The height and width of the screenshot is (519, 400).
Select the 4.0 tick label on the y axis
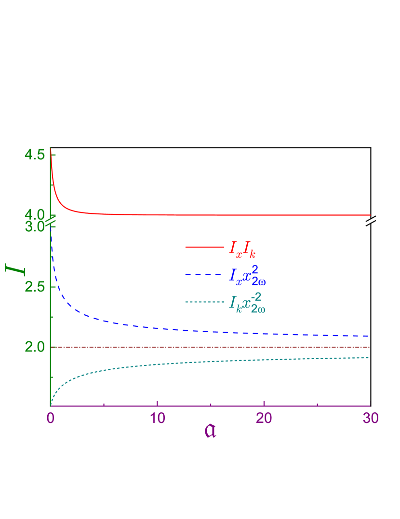click(x=34, y=214)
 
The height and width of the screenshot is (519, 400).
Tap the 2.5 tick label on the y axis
click(x=34, y=287)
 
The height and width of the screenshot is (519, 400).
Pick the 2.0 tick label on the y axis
click(x=34, y=347)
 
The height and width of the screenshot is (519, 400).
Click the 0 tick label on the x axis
click(x=50, y=418)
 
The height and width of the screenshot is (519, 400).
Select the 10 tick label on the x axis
click(x=158, y=418)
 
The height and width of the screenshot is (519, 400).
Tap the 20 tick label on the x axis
click(x=264, y=418)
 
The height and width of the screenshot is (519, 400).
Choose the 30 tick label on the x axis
click(x=370, y=418)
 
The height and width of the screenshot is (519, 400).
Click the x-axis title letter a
click(x=210, y=431)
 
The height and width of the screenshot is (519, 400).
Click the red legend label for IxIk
click(x=242, y=249)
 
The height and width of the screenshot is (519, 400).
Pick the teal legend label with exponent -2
click(x=247, y=302)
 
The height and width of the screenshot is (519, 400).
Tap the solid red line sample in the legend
click(x=204, y=247)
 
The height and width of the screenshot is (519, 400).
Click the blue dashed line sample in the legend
click(x=204, y=274)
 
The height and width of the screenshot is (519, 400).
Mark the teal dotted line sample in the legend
click(x=204, y=302)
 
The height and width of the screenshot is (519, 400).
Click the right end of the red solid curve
click(x=370, y=215)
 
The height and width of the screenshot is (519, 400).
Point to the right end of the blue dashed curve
click(x=370, y=336)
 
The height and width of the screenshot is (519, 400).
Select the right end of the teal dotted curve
click(x=370, y=358)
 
